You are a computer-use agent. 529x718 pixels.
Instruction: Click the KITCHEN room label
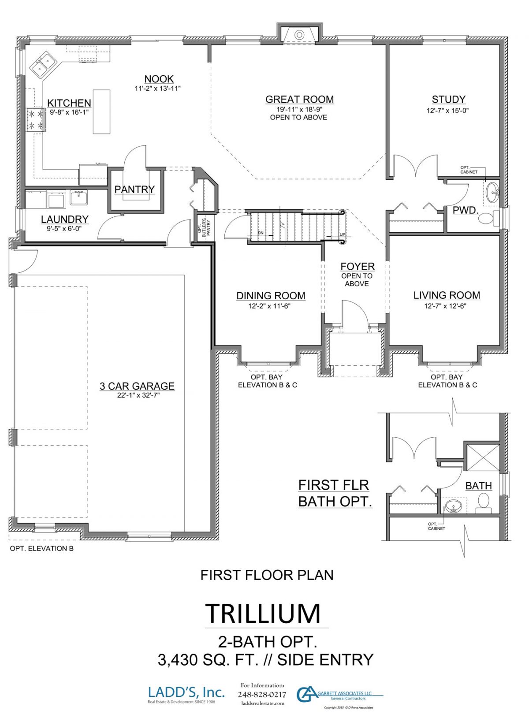click(x=69, y=103)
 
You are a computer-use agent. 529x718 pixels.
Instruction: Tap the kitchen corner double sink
click(x=42, y=64)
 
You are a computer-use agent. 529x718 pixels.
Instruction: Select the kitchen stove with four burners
click(x=35, y=120)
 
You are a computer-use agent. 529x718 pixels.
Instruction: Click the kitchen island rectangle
click(x=101, y=112)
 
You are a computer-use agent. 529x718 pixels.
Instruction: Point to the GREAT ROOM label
click(x=299, y=100)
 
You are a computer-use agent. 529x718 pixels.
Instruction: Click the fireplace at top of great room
click(x=299, y=34)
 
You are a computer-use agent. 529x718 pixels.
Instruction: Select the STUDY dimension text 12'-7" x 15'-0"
click(x=447, y=111)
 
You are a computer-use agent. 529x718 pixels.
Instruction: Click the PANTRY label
click(x=134, y=190)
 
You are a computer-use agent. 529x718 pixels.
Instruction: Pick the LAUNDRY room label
click(x=65, y=219)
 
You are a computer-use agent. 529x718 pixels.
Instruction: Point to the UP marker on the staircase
click(x=343, y=234)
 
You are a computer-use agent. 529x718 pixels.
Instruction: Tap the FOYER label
click(x=358, y=267)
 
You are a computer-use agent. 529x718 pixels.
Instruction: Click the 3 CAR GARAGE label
click(x=137, y=386)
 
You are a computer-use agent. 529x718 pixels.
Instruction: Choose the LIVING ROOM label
click(x=447, y=295)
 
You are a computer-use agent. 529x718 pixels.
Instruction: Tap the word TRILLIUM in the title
click(x=263, y=613)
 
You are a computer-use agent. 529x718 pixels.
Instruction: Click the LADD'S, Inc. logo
click(x=186, y=692)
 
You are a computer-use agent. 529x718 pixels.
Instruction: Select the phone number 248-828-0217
click(x=262, y=695)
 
